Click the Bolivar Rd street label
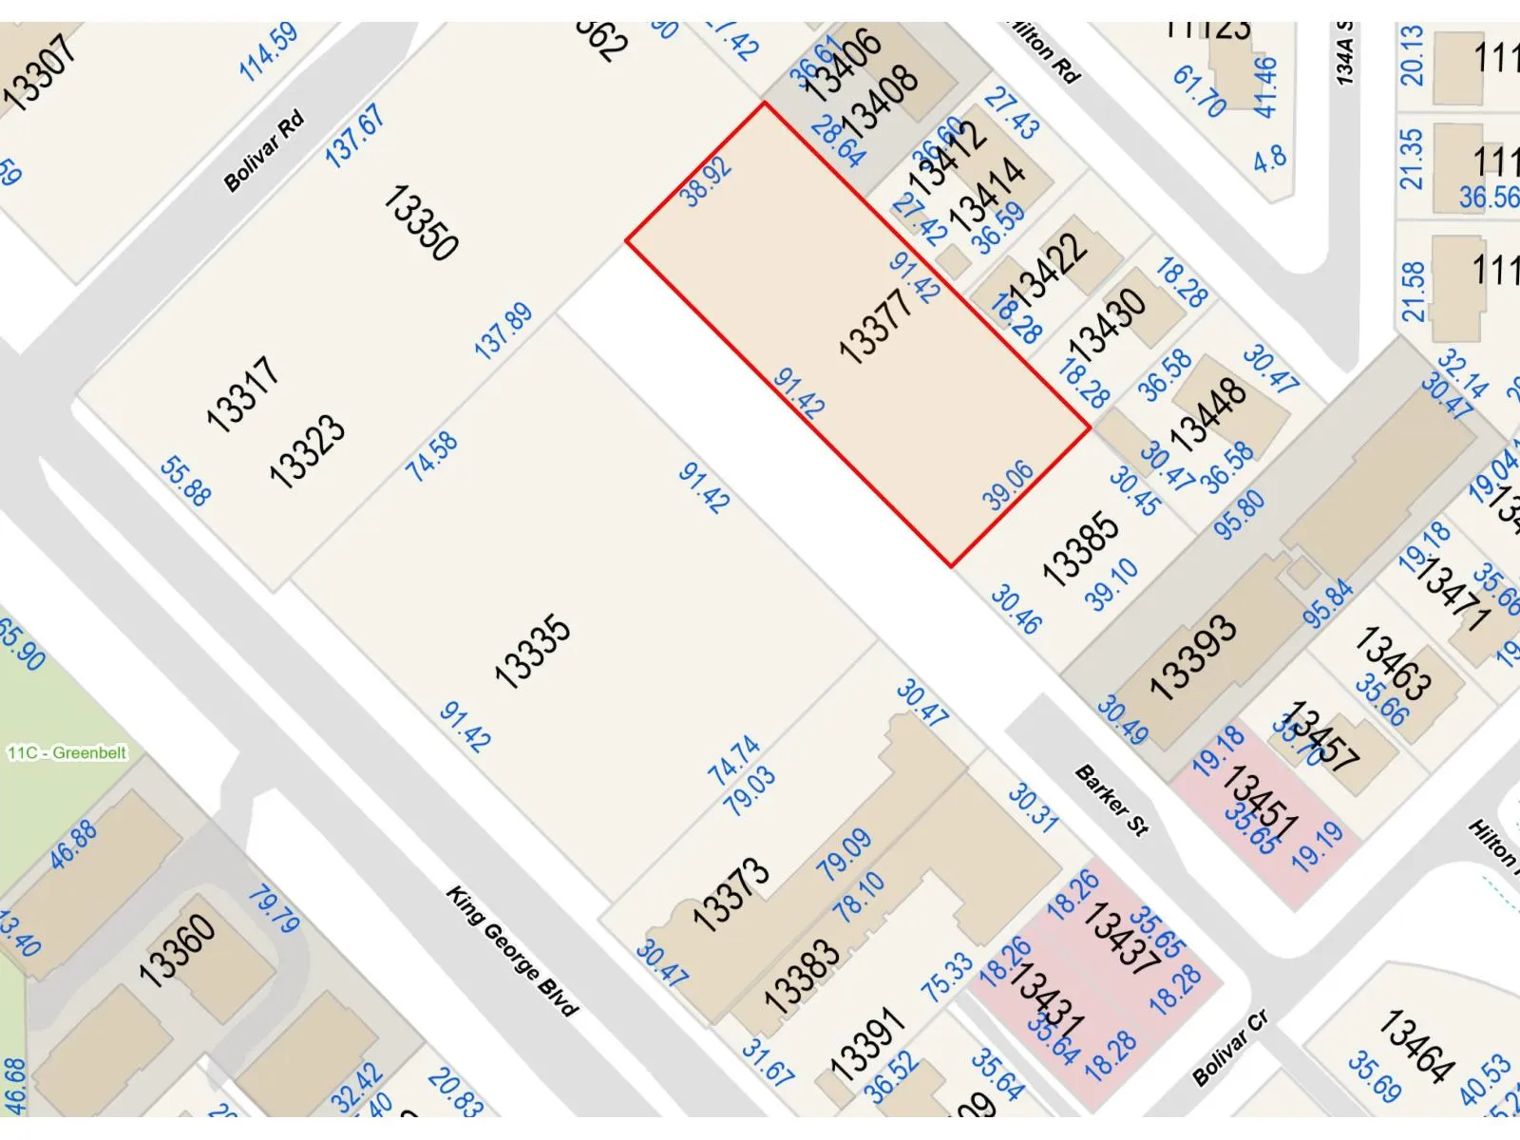click(x=264, y=151)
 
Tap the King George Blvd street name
click(x=512, y=952)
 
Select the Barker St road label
click(x=1111, y=801)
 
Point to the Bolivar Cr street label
click(x=1231, y=1049)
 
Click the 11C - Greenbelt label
click(x=67, y=753)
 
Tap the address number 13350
click(x=421, y=223)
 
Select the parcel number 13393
click(x=1193, y=656)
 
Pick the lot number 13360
click(x=177, y=950)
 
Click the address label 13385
click(x=1081, y=548)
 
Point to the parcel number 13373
click(x=730, y=894)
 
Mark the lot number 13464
click(x=1415, y=1045)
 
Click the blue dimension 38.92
click(x=707, y=181)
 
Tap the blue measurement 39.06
click(x=1008, y=485)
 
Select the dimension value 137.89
click(x=503, y=332)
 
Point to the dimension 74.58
click(x=432, y=456)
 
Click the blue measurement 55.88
click(x=185, y=481)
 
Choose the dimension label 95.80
click(x=1240, y=515)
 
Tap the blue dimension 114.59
click(x=269, y=51)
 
